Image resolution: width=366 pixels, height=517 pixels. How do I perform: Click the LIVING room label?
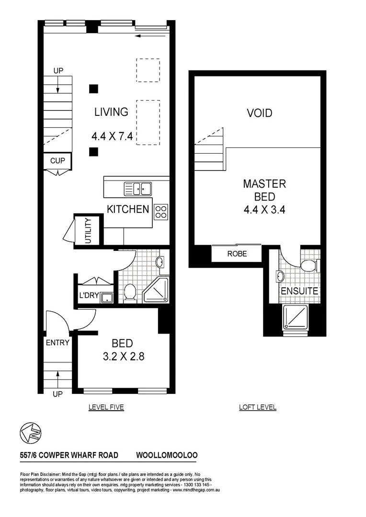[111, 112]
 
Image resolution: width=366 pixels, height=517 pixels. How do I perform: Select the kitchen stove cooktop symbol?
[161, 212]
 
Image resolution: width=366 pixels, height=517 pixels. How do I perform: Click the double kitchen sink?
[137, 189]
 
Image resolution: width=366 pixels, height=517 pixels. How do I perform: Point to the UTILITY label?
[88, 231]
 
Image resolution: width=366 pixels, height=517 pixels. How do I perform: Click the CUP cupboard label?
[57, 161]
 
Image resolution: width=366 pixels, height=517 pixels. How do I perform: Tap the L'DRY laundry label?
[89, 296]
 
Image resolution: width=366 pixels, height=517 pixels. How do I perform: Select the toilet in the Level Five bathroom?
[129, 292]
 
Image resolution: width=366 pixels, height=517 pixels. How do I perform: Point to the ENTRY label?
[57, 343]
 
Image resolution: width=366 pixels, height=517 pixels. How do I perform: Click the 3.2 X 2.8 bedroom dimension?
[123, 356]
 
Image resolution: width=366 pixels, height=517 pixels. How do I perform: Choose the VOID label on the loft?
[259, 113]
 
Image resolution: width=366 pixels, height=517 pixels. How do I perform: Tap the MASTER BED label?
[264, 190]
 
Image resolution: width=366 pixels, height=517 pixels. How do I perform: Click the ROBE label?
[237, 254]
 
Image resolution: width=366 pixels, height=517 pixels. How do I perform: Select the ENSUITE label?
[299, 291]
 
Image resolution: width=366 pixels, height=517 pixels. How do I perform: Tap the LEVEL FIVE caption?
[106, 407]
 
